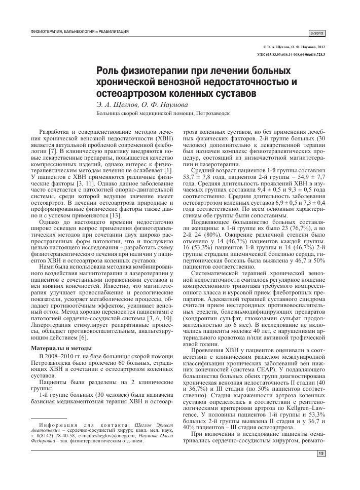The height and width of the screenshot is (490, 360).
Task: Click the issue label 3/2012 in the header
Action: click(317, 33)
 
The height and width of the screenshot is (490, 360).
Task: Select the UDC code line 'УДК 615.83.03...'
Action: click(293, 54)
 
